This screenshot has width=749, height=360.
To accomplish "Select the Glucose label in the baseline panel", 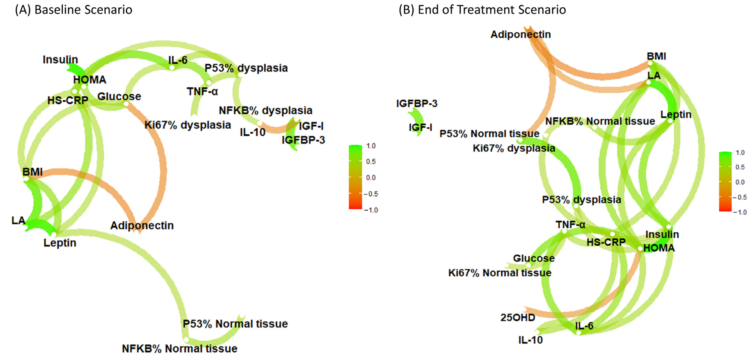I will tap(119, 96).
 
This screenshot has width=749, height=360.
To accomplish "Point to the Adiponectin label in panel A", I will tap(142, 225).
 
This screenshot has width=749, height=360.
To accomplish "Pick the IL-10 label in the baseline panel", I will tap(252, 132).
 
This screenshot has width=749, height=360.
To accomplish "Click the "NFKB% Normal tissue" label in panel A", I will tap(179, 348).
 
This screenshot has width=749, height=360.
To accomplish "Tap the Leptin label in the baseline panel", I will tap(60, 243).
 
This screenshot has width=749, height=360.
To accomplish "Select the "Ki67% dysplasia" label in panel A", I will tap(187, 125).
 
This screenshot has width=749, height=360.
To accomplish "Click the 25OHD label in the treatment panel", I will tap(518, 317).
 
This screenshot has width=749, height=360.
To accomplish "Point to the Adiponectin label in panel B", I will tap(520, 34).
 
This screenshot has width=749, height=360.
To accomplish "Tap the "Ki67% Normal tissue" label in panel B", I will tap(500, 273).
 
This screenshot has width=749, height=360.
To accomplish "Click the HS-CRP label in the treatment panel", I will tap(606, 242).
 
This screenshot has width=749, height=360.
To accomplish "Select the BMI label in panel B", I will tap(656, 56).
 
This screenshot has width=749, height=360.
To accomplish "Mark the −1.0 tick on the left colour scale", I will tap(371, 210).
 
